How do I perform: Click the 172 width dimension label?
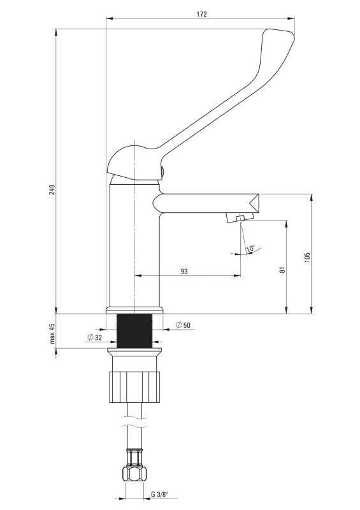(x=201, y=14)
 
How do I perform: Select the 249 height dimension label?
(x=52, y=190)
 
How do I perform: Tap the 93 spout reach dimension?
(x=184, y=272)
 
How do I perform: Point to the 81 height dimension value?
(x=282, y=270)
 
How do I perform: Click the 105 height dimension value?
(x=307, y=258)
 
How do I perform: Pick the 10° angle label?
(x=251, y=249)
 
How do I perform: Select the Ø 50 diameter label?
(x=183, y=325)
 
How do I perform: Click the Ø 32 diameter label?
(x=95, y=338)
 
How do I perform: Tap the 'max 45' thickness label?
(x=52, y=333)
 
